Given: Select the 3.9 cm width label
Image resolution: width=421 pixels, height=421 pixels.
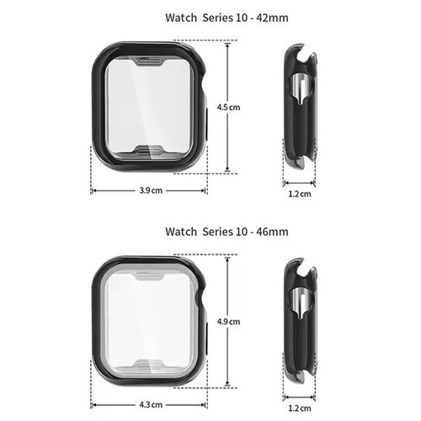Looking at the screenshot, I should [x=151, y=191].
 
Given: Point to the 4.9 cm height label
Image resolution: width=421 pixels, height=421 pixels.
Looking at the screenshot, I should [x=229, y=321].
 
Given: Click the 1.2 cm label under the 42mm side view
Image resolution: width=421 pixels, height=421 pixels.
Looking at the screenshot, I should [x=301, y=194].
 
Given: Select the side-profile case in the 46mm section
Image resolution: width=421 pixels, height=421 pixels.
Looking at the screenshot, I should [x=301, y=320].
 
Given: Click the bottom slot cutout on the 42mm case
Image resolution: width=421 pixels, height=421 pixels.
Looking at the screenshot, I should [x=148, y=149].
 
